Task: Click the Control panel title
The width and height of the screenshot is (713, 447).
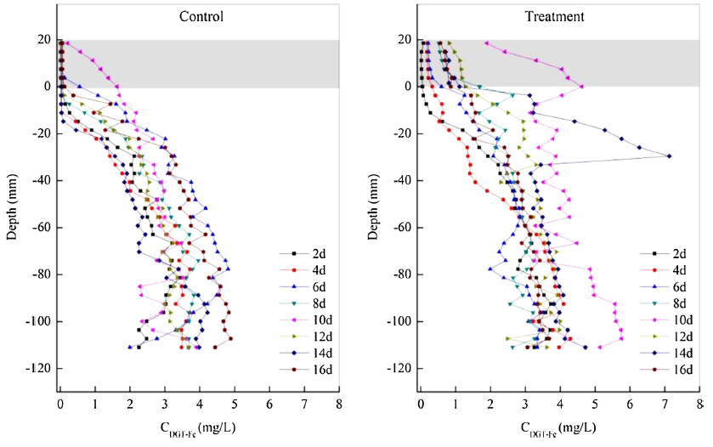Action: click(201, 17)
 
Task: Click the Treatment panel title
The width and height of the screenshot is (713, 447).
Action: click(560, 17)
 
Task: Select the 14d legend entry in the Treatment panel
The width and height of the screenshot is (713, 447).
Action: click(669, 352)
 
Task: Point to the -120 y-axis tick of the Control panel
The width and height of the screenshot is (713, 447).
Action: click(39, 368)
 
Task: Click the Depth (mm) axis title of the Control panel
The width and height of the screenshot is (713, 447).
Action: click(12, 204)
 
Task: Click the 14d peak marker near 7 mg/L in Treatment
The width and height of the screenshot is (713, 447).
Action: click(669, 156)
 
